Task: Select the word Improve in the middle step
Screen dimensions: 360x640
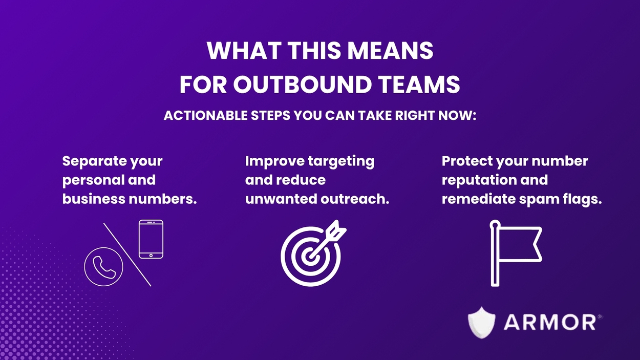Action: click(274, 161)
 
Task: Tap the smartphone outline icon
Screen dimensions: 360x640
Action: click(151, 239)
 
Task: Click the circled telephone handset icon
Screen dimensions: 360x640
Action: click(103, 266)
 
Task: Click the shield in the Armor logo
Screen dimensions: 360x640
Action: click(481, 322)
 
